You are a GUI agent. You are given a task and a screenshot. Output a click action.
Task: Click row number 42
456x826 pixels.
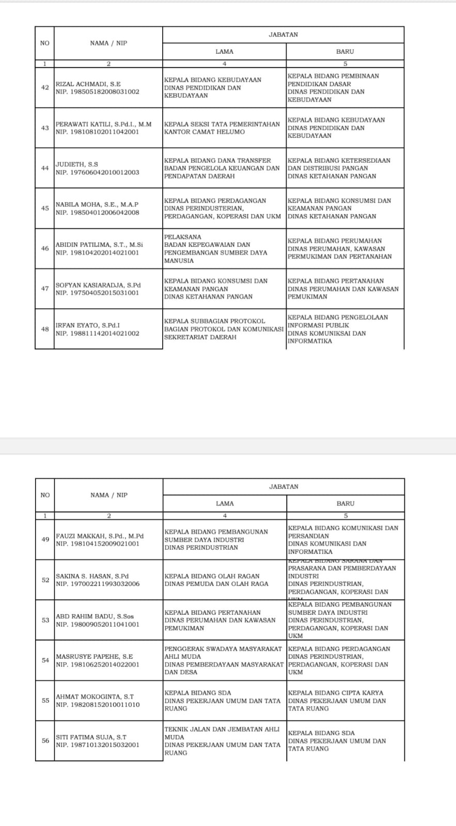[x=45, y=88]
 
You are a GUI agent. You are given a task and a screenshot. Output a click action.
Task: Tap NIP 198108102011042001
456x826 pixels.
[x=97, y=132]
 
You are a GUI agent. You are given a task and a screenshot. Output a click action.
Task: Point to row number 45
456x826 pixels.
[x=45, y=209]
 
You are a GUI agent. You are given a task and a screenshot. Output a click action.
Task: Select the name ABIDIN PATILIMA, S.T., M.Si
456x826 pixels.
[x=99, y=245]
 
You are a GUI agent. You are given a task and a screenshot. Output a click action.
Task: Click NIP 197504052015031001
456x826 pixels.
[x=97, y=293]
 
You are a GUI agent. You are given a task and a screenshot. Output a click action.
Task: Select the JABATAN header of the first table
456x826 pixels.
[x=283, y=35]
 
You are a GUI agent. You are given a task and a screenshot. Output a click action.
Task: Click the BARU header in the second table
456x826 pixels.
[x=345, y=503]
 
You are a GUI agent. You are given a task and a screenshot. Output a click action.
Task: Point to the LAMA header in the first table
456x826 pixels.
[x=224, y=52]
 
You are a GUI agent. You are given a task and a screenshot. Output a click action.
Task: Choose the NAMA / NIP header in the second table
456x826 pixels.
[x=108, y=495]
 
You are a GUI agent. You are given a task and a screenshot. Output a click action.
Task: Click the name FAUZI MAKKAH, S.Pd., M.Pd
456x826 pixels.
[x=100, y=536]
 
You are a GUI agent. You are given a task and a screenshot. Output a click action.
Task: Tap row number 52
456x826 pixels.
[x=45, y=580]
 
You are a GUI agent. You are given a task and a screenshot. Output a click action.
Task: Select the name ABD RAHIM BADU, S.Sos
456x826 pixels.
[x=95, y=616]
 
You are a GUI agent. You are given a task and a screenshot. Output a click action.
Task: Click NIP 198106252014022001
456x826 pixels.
[x=98, y=664]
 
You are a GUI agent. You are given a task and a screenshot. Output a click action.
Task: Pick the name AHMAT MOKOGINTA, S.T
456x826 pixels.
[x=95, y=697]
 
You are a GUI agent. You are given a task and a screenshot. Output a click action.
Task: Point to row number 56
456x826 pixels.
[x=45, y=741]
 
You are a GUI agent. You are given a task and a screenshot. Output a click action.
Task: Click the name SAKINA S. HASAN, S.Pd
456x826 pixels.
[x=92, y=576]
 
